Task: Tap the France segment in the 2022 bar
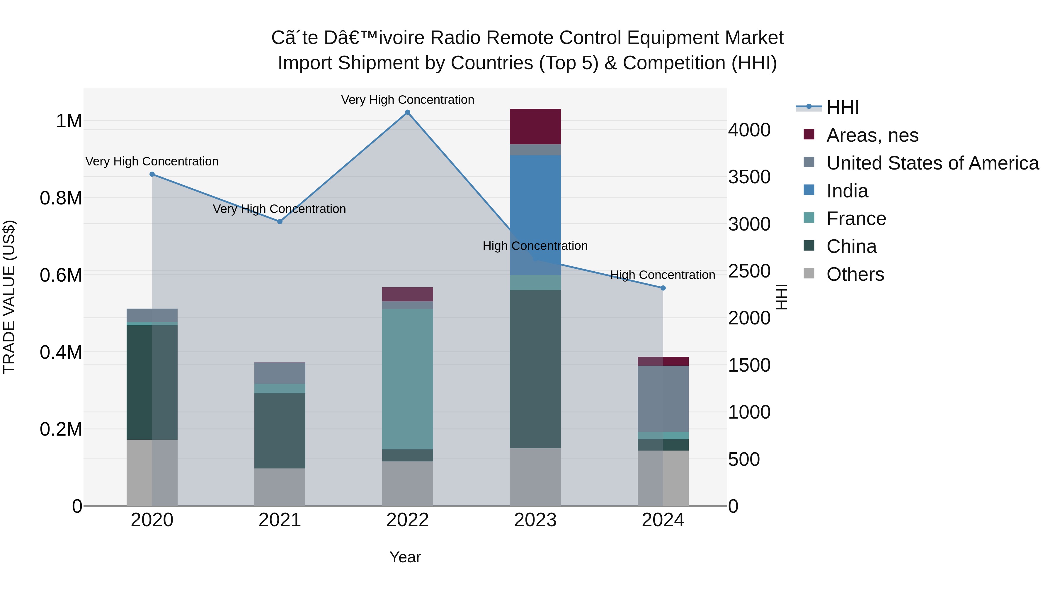tap(408, 379)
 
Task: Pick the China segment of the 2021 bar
tap(280, 430)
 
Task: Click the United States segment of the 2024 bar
tap(663, 398)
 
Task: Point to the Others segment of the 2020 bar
tap(152, 473)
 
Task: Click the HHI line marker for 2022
tap(408, 112)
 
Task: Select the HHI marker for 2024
tap(663, 288)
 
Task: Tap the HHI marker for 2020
tap(152, 174)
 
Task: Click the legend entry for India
tap(847, 191)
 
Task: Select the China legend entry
tap(851, 246)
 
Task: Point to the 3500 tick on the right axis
tap(749, 177)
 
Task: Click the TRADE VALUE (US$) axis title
tap(9, 297)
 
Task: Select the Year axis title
tap(405, 557)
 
